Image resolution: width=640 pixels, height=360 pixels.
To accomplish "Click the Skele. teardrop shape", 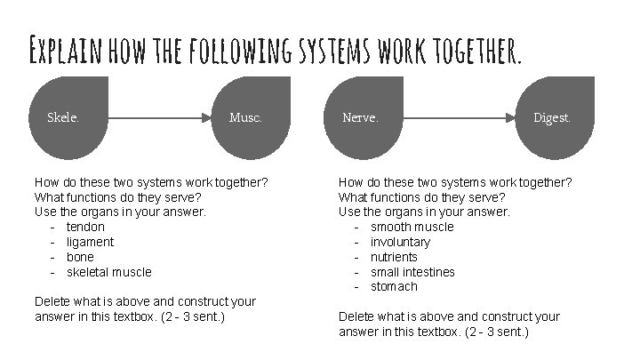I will click(68, 116).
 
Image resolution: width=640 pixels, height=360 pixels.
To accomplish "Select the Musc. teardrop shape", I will click(250, 116).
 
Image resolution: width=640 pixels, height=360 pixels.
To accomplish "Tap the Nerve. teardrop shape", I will click(364, 116).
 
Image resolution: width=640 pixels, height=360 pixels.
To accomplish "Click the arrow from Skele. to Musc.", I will click(160, 116).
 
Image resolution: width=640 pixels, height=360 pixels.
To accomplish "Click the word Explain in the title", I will click(68, 52).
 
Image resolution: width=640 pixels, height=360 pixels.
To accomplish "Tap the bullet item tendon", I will click(85, 227).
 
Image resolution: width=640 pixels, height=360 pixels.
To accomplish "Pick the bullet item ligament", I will click(90, 242).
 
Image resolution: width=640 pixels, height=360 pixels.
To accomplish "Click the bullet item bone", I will click(80, 257).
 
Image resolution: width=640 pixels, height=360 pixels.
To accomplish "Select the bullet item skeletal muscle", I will click(108, 272).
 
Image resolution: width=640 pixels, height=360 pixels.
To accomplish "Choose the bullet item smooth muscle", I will click(412, 227).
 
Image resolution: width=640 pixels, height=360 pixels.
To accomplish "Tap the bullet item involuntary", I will click(400, 242).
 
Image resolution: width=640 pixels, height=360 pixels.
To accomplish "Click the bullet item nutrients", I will click(394, 257).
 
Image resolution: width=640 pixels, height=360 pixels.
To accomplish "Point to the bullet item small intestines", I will click(412, 272).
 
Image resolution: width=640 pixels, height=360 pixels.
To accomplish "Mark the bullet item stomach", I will click(394, 286).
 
